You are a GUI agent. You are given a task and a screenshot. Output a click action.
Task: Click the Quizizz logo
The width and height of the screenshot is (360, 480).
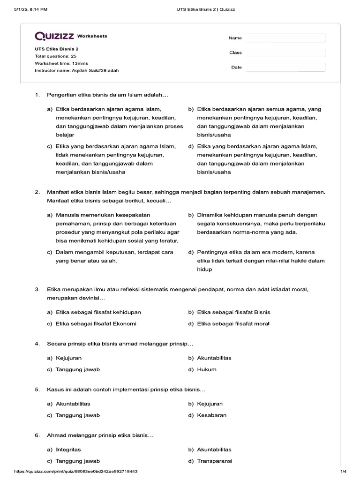pyautogui.click(x=54, y=36)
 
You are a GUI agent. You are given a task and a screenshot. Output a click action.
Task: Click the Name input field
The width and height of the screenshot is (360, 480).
pyautogui.click(x=285, y=38)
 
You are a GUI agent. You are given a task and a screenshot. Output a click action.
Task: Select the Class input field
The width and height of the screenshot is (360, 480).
pyautogui.click(x=285, y=52)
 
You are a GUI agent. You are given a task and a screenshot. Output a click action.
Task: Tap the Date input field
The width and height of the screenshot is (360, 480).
pyautogui.click(x=285, y=67)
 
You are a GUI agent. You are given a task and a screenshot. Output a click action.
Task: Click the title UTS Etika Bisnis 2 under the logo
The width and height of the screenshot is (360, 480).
pyautogui.click(x=57, y=49)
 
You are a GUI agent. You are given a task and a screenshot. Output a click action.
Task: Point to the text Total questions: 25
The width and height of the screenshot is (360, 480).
pyautogui.click(x=55, y=56)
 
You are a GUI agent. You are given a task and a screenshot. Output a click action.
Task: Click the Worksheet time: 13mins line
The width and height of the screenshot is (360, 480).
pyautogui.click(x=61, y=63)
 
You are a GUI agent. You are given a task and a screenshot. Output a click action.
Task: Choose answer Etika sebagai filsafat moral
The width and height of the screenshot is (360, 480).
pyautogui.click(x=233, y=323)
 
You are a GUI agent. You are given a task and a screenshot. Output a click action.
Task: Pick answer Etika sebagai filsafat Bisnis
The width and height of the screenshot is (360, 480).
pyautogui.click(x=233, y=312)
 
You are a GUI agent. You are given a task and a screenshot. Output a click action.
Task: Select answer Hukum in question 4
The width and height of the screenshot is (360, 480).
pyautogui.click(x=207, y=369)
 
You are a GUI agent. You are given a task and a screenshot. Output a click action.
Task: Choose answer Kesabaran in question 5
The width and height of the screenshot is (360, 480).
pyautogui.click(x=211, y=415)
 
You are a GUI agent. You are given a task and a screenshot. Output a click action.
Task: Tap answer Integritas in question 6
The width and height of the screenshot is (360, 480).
pyautogui.click(x=68, y=450)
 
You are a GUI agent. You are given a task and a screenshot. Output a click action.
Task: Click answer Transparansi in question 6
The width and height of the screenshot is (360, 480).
pyautogui.click(x=215, y=461)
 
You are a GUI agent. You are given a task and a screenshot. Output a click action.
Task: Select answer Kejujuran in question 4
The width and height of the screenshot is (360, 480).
pyautogui.click(x=68, y=358)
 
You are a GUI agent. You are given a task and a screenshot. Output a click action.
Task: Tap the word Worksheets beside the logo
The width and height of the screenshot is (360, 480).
pyautogui.click(x=92, y=36)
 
